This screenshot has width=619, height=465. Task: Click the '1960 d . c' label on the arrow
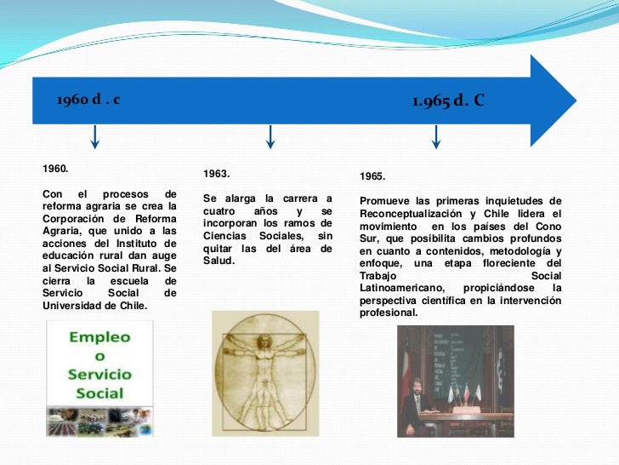click(88, 100)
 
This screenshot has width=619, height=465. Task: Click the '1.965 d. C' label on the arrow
click(448, 101)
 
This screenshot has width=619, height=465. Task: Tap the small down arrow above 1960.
click(94, 135)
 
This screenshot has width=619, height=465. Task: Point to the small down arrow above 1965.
click(436, 135)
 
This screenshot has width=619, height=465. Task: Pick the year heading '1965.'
click(372, 176)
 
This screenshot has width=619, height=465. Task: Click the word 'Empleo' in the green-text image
click(99, 337)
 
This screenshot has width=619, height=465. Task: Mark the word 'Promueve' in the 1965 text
click(385, 201)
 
